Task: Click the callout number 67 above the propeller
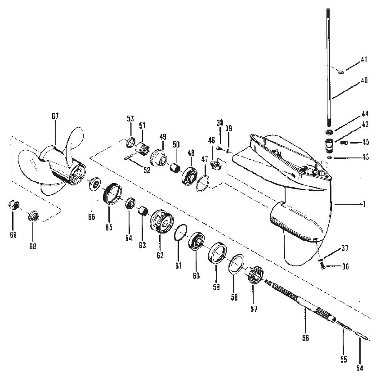click(55, 116)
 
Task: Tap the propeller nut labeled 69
click(13, 205)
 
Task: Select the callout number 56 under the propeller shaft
click(305, 338)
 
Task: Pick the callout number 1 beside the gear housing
click(364, 204)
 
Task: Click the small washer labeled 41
click(340, 72)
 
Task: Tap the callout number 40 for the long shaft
click(364, 81)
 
